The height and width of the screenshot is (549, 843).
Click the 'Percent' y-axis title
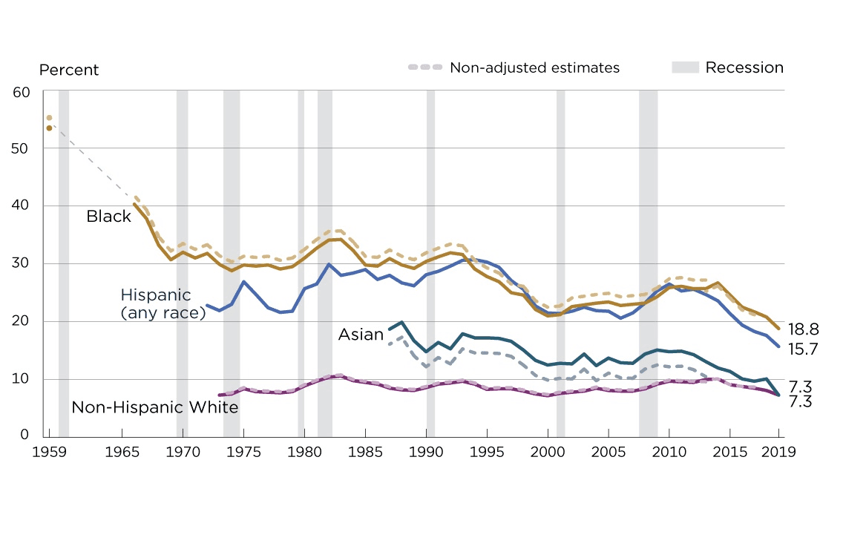[x=69, y=70]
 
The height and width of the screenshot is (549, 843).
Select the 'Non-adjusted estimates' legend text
[x=534, y=68]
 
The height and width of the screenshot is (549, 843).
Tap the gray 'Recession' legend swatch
[x=685, y=68]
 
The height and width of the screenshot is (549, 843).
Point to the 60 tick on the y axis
[x=22, y=92]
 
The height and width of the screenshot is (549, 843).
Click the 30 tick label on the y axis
[x=22, y=263]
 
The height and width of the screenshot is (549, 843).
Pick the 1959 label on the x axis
[x=50, y=452]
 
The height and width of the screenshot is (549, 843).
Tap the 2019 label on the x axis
[x=779, y=452]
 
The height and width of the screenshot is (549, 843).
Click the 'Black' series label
[x=108, y=217]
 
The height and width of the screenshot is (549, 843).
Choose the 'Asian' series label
[x=361, y=335]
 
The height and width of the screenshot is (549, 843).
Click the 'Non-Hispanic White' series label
[x=154, y=407]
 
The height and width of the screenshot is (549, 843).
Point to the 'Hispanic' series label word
[x=156, y=295]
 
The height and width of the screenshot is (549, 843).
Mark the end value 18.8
[x=804, y=329]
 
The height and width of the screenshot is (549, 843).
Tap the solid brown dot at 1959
[x=49, y=128]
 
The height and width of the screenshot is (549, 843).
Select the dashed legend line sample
[x=424, y=68]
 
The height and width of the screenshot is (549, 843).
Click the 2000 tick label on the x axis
[x=548, y=452]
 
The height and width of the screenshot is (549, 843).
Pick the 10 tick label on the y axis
[x=22, y=379]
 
